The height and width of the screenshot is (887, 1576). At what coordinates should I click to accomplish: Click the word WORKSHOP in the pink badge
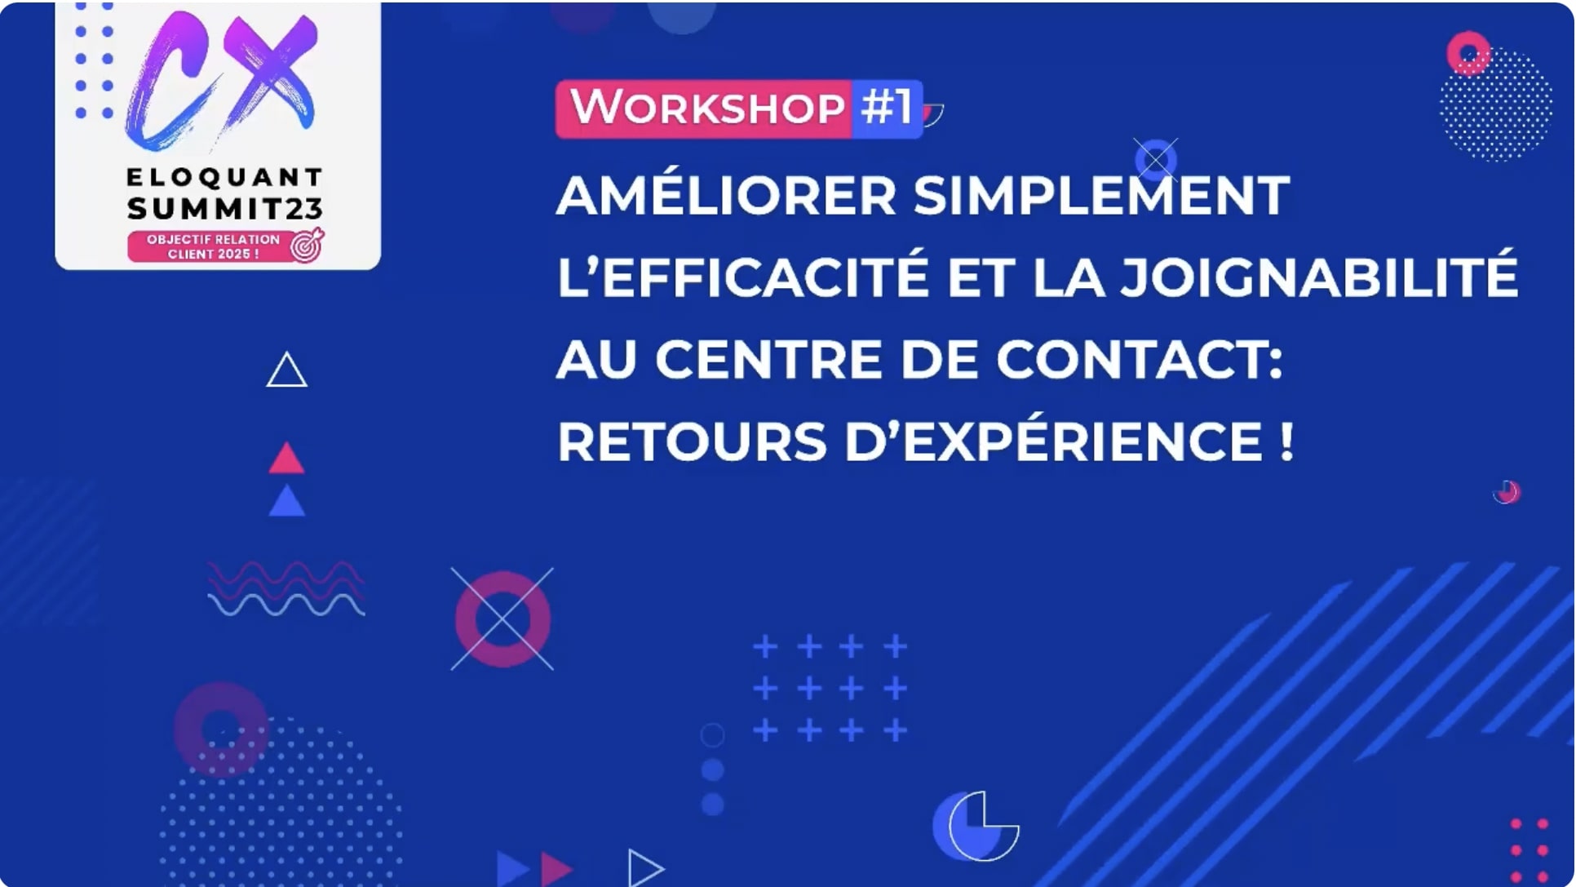point(707,108)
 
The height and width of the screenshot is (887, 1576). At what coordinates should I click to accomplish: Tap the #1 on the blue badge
point(887,107)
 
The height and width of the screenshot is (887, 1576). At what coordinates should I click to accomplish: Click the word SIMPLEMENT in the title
point(1101,196)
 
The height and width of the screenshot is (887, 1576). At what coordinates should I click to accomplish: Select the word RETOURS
point(693,441)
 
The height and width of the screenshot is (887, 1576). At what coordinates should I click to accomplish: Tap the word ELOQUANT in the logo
point(225,177)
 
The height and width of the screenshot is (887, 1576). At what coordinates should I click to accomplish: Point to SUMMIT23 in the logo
point(225,209)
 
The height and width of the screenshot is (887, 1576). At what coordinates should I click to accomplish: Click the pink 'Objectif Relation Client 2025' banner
point(214,246)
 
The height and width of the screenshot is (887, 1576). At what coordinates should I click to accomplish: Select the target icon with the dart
point(308,245)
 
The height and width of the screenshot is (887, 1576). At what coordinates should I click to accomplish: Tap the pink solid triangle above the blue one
point(286,460)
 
